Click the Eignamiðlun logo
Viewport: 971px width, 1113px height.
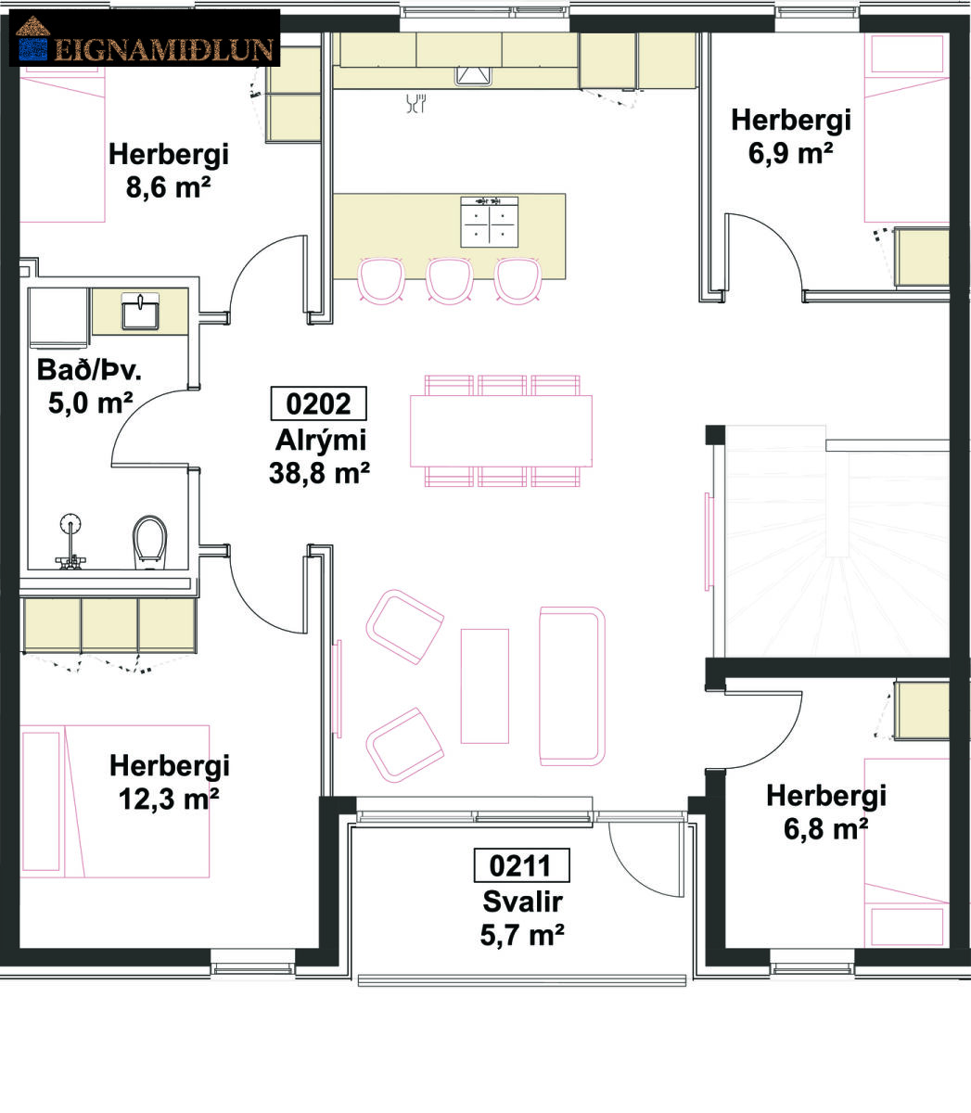coord(144,38)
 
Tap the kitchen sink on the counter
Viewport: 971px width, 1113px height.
coord(473,75)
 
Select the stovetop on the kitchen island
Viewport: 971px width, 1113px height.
coord(489,222)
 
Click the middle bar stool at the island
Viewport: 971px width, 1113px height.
coord(449,280)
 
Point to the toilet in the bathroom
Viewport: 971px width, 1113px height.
coord(149,542)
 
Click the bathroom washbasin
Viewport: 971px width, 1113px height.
coord(140,311)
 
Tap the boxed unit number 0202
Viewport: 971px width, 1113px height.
coord(319,403)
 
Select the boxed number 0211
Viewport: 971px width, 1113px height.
coord(522,865)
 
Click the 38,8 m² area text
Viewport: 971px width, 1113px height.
coord(320,473)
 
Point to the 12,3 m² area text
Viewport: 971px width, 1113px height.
coord(169,800)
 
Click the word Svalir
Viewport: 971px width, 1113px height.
coord(522,902)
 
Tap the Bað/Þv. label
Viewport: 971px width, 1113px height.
coord(89,370)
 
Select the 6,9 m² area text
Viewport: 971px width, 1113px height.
coord(790,153)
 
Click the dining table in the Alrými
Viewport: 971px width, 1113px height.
coord(501,431)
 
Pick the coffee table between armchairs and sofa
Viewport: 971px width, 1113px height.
coord(485,686)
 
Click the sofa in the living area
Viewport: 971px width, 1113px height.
coord(572,686)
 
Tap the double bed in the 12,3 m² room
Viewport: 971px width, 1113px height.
coord(115,801)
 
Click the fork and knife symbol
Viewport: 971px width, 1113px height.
coord(416,103)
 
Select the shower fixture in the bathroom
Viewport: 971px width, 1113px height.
coord(70,542)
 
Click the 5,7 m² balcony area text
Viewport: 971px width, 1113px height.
coord(522,935)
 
